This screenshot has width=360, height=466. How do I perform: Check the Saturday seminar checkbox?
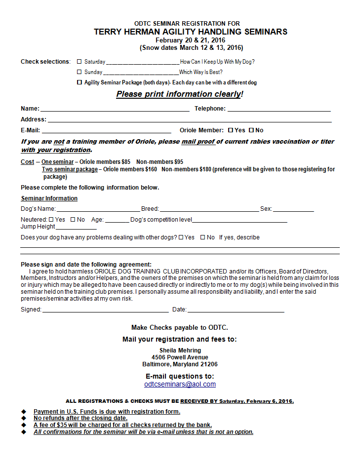pyautogui.click(x=80, y=62)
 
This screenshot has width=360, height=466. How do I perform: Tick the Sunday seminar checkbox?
pyautogui.click(x=80, y=72)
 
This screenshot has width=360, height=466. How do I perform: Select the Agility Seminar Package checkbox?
pyautogui.click(x=80, y=82)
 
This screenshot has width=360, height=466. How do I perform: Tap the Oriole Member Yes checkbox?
pyautogui.click(x=231, y=130)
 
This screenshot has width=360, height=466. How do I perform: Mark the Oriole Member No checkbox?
pyautogui.click(x=251, y=130)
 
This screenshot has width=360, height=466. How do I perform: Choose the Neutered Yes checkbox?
pyautogui.click(x=51, y=219)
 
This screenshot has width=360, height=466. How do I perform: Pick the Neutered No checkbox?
pyautogui.click(x=73, y=219)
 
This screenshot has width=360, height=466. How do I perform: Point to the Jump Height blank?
pyautogui.click(x=76, y=228)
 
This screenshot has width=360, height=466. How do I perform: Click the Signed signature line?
pyautogui.click(x=105, y=311)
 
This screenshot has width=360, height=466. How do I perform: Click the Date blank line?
pyautogui.click(x=236, y=311)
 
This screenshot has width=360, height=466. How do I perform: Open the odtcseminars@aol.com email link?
pyautogui.click(x=180, y=384)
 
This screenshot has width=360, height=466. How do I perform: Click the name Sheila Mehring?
pyautogui.click(x=180, y=350)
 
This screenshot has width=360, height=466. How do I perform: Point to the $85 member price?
pyautogui.click(x=126, y=161)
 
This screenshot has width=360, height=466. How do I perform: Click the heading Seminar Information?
pyautogui.click(x=49, y=198)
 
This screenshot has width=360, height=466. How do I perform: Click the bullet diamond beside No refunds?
pyautogui.click(x=23, y=418)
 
